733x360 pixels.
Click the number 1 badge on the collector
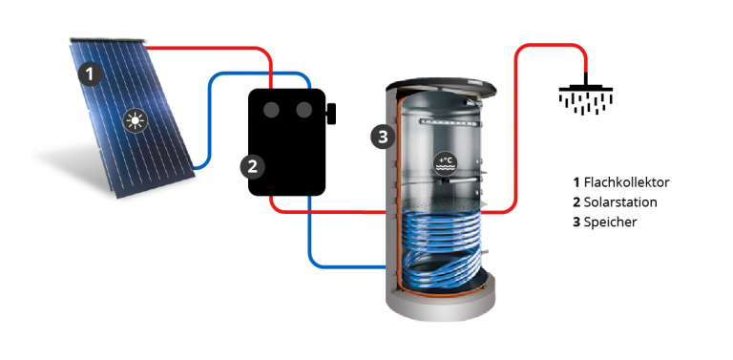point(91,74)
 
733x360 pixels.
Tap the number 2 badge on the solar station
point(252,166)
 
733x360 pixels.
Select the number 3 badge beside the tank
point(383,137)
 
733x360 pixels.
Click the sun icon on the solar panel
point(136,120)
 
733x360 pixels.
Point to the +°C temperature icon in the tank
point(443,161)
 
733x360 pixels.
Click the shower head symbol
point(586,97)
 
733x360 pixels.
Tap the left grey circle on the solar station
point(271,110)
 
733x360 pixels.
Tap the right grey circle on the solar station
point(304,110)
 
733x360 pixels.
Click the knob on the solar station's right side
point(331,113)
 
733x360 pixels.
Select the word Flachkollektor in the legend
point(626,182)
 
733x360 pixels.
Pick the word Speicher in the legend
point(610,222)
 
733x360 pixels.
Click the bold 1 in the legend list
point(576,182)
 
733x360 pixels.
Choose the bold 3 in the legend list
point(576,222)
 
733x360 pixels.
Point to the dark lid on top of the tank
point(441,88)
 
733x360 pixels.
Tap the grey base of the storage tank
point(440,304)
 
